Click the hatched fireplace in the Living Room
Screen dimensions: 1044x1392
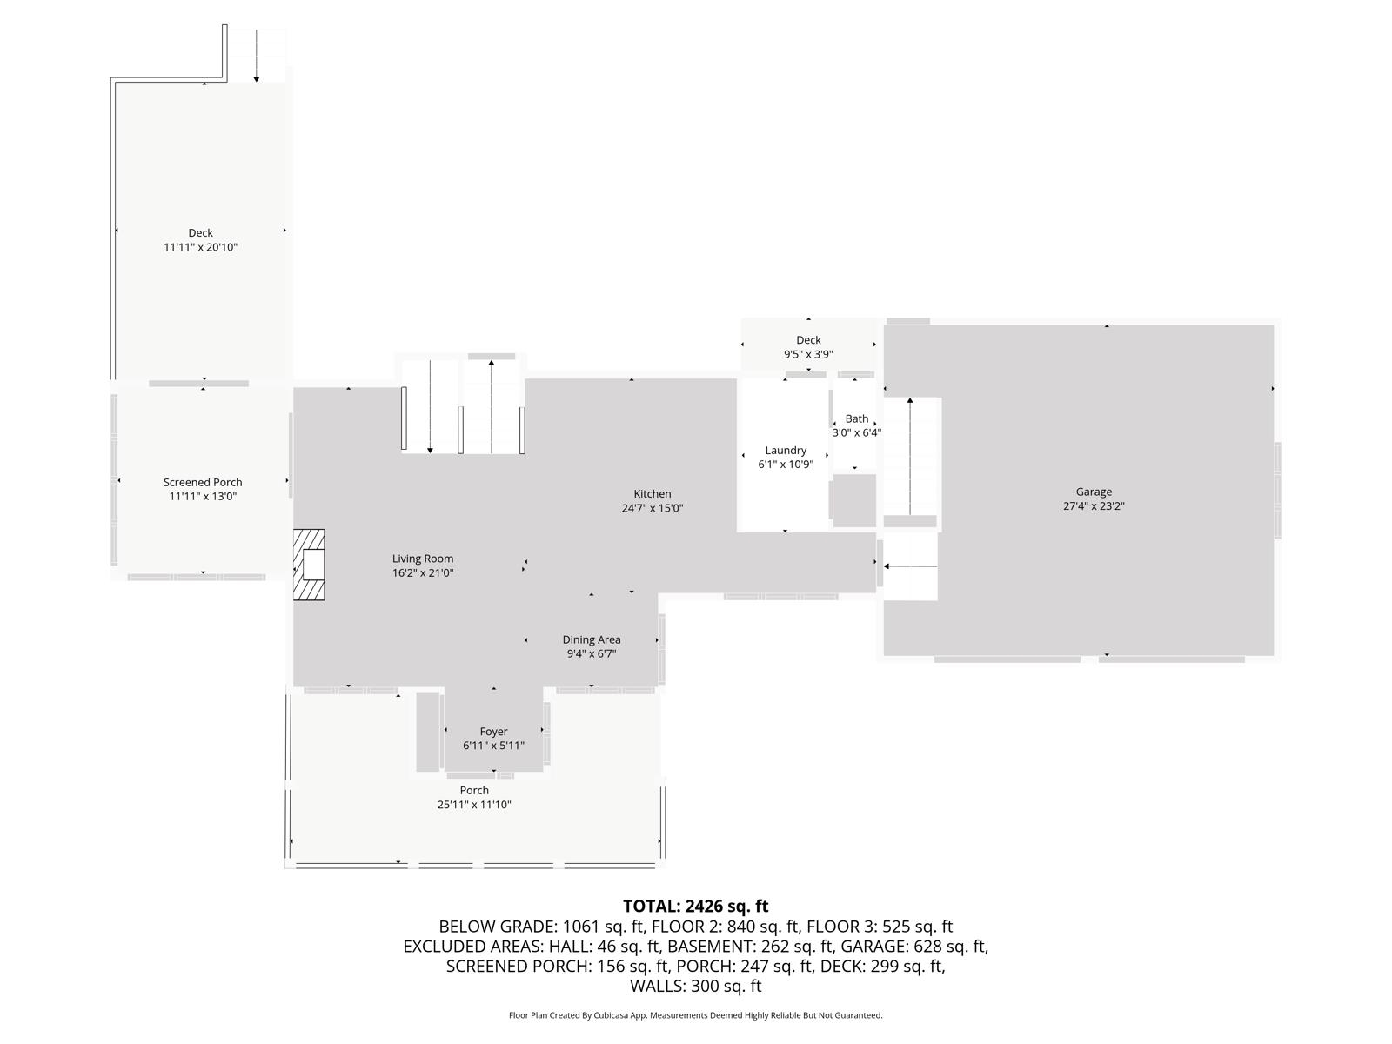[x=308, y=565]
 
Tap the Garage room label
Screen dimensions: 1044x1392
[x=1094, y=492]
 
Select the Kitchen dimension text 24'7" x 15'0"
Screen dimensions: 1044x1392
[x=652, y=508]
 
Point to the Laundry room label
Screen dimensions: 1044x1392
[x=786, y=450]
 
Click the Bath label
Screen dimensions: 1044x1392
[x=856, y=418]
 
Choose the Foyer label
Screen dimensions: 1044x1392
[x=493, y=732]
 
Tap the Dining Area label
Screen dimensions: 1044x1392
[x=591, y=639]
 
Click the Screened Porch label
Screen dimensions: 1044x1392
[x=203, y=482]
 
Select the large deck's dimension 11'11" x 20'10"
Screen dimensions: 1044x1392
[x=200, y=247]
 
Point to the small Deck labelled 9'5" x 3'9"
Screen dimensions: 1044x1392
[x=808, y=340]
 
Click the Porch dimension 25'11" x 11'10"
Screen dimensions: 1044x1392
[x=474, y=805]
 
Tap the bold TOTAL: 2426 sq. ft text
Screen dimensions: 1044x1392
[x=695, y=907]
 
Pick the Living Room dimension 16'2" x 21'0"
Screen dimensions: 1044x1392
[x=423, y=572]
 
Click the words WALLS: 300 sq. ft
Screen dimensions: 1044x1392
[x=695, y=986]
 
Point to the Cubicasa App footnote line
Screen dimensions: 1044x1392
[x=695, y=1015]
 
